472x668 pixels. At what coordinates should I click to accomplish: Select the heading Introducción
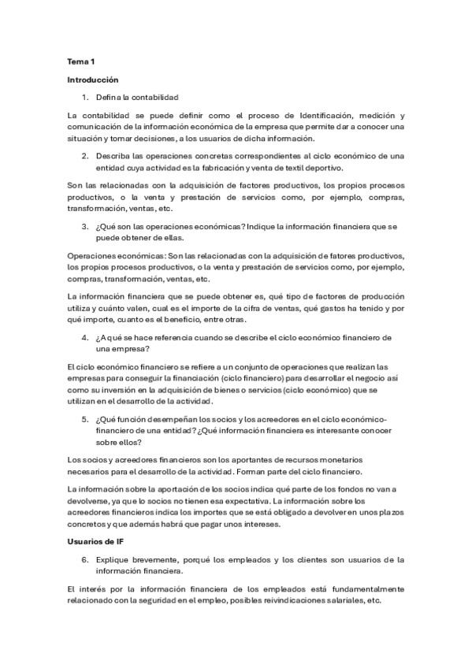pos(92,80)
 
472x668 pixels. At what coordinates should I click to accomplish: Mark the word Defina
pos(110,97)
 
